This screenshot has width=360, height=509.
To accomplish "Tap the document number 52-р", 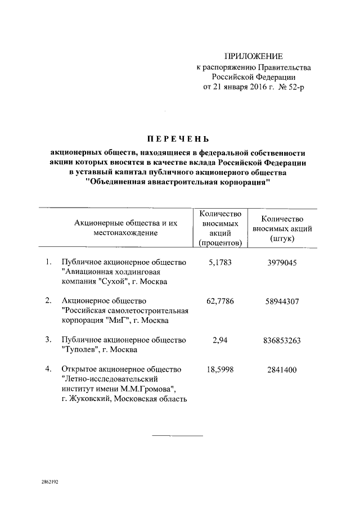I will point(294,88).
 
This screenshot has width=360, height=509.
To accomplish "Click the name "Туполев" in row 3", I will point(79,350).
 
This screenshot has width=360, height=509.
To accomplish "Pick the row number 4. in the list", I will point(48,369).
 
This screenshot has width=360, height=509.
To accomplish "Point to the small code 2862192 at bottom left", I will point(50,483).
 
